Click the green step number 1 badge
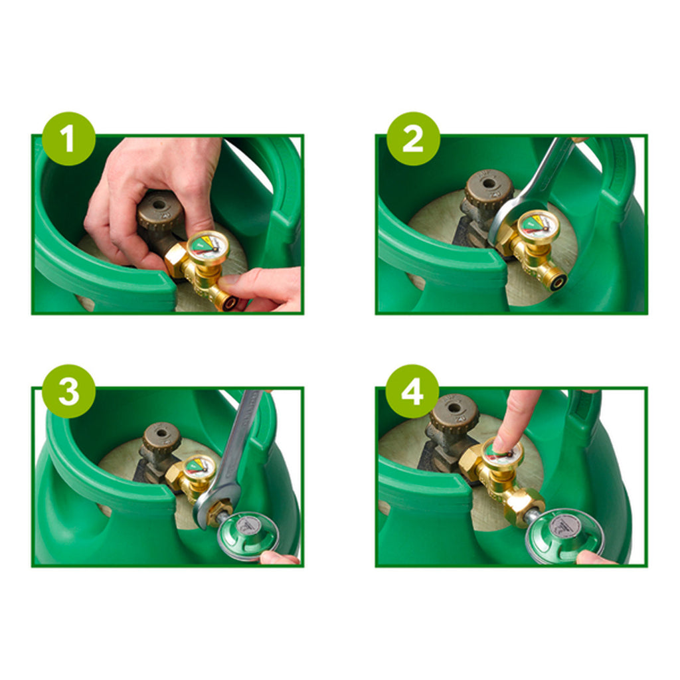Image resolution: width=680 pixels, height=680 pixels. [x=69, y=138]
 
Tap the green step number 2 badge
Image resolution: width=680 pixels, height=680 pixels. [x=413, y=138]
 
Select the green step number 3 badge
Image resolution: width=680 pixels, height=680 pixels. [x=69, y=391]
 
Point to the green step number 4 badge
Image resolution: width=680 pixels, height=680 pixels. [x=412, y=391]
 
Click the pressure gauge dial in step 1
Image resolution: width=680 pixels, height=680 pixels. [x=208, y=246]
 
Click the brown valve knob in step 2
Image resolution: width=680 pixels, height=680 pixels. [x=489, y=188]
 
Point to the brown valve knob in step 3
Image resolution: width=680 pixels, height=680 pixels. [x=162, y=438]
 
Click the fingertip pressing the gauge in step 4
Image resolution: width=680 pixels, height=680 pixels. [x=505, y=442]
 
